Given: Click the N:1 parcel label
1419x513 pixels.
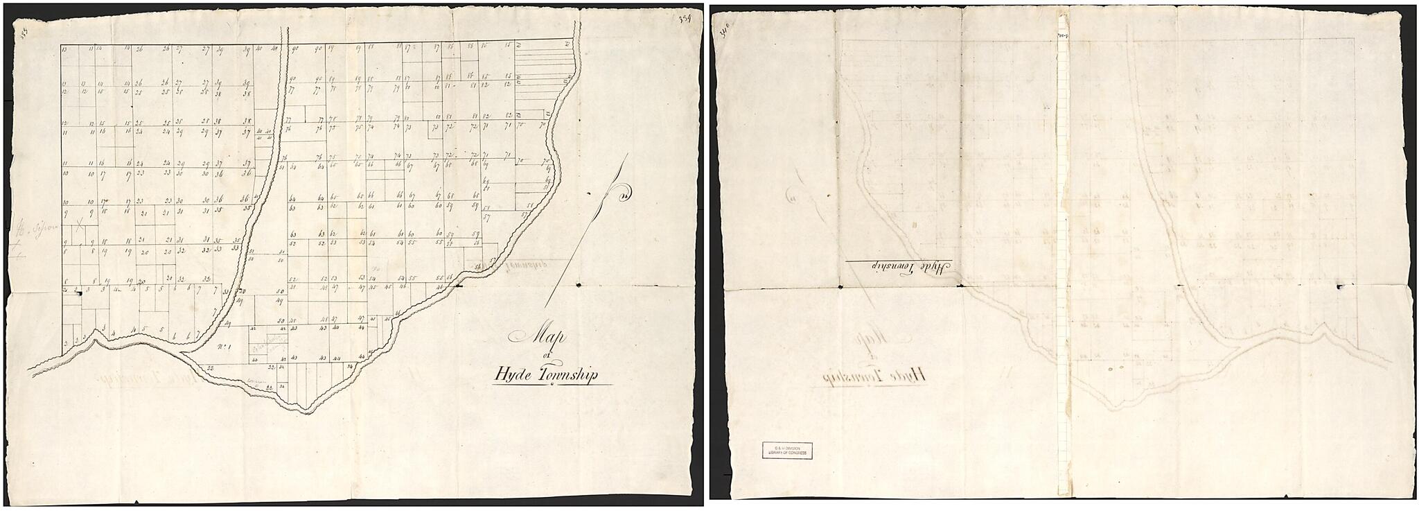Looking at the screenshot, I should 224,347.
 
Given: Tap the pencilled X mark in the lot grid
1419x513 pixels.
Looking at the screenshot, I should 80,223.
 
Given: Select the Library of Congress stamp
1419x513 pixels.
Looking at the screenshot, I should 785,451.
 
